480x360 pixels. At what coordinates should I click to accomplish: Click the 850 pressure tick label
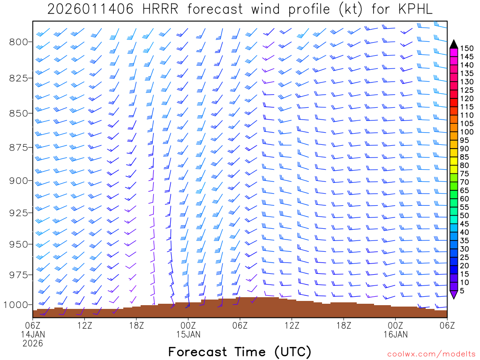[x=19, y=113]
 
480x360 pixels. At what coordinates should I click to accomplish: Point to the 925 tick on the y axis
[x=19, y=213]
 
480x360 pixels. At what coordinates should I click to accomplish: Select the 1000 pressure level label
[x=16, y=305]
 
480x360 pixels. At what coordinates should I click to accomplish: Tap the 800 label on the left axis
[x=19, y=42]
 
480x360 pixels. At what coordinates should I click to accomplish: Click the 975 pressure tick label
[x=19, y=274]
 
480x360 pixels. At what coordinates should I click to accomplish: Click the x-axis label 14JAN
[x=32, y=334]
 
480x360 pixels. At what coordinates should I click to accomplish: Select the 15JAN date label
[x=188, y=334]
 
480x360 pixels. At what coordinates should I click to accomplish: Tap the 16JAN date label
[x=395, y=334]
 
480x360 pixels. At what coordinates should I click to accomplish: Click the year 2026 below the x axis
[x=32, y=343]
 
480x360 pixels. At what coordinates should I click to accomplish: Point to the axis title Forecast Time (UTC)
[x=240, y=352]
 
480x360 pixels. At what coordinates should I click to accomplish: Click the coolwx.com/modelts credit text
[x=431, y=354]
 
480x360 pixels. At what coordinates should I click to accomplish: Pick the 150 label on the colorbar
[x=466, y=48]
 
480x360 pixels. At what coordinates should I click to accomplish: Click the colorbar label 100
[x=466, y=132]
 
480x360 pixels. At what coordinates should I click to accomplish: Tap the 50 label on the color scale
[x=464, y=216]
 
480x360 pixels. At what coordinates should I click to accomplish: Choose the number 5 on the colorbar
[x=462, y=291]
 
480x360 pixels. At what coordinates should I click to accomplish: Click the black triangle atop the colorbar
[x=453, y=44]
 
